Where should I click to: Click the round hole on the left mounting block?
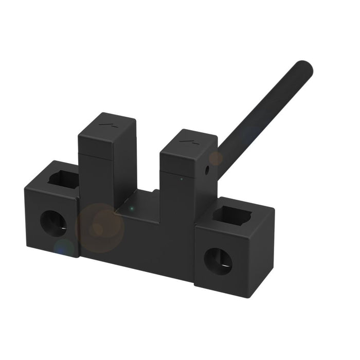(x=53, y=223)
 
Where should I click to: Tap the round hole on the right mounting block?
(x=218, y=261)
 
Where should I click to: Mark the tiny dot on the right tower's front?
(x=181, y=179)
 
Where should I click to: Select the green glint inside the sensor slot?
(x=132, y=209)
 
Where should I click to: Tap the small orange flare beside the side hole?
(x=215, y=158)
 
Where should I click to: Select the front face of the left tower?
(x=95, y=175)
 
